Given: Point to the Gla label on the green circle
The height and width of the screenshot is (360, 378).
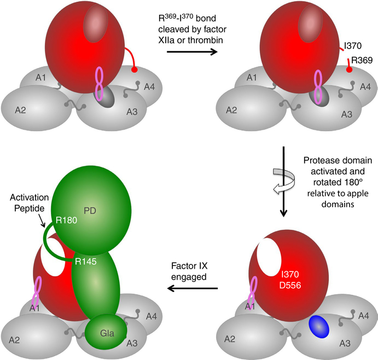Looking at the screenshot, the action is pyautogui.click(x=107, y=332).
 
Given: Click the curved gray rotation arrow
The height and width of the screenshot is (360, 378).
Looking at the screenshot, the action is pyautogui.click(x=282, y=175).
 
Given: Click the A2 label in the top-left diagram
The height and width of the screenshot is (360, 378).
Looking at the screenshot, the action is pyautogui.click(x=21, y=110).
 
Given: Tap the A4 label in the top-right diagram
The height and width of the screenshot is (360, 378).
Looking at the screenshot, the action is pyautogui.click(x=364, y=86).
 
